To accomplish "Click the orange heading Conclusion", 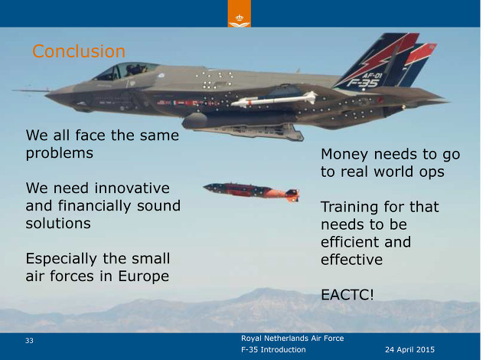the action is (x=79, y=51).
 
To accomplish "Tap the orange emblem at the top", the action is (x=240, y=14).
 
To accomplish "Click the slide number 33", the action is (x=29, y=340).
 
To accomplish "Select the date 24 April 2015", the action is (x=409, y=350).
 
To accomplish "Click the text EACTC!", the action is (x=347, y=295).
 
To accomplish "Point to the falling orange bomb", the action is (x=251, y=191).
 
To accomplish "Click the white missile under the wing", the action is (x=274, y=99).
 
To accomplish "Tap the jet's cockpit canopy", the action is (x=125, y=71).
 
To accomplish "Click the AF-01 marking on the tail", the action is (x=372, y=76).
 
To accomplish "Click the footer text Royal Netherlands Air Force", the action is (x=292, y=339).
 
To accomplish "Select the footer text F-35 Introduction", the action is (x=273, y=350).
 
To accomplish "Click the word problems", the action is (x=60, y=153).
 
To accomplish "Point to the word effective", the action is (x=352, y=260).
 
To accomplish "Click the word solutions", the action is (x=58, y=224).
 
